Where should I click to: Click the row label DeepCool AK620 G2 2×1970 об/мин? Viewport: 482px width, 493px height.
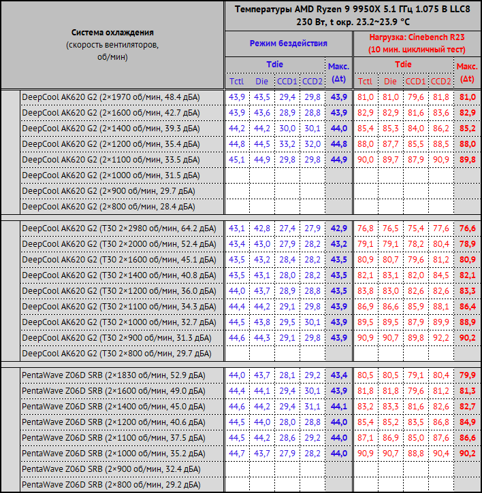click(111, 97)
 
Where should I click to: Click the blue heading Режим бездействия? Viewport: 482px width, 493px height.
click(288, 43)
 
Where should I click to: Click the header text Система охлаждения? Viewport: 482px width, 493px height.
click(112, 33)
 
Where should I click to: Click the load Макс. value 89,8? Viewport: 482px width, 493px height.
click(467, 160)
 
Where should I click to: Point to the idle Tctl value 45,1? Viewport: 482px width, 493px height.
click(236, 160)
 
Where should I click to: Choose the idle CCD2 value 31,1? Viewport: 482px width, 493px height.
click(312, 407)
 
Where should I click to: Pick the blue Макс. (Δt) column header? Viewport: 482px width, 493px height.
click(338, 73)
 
